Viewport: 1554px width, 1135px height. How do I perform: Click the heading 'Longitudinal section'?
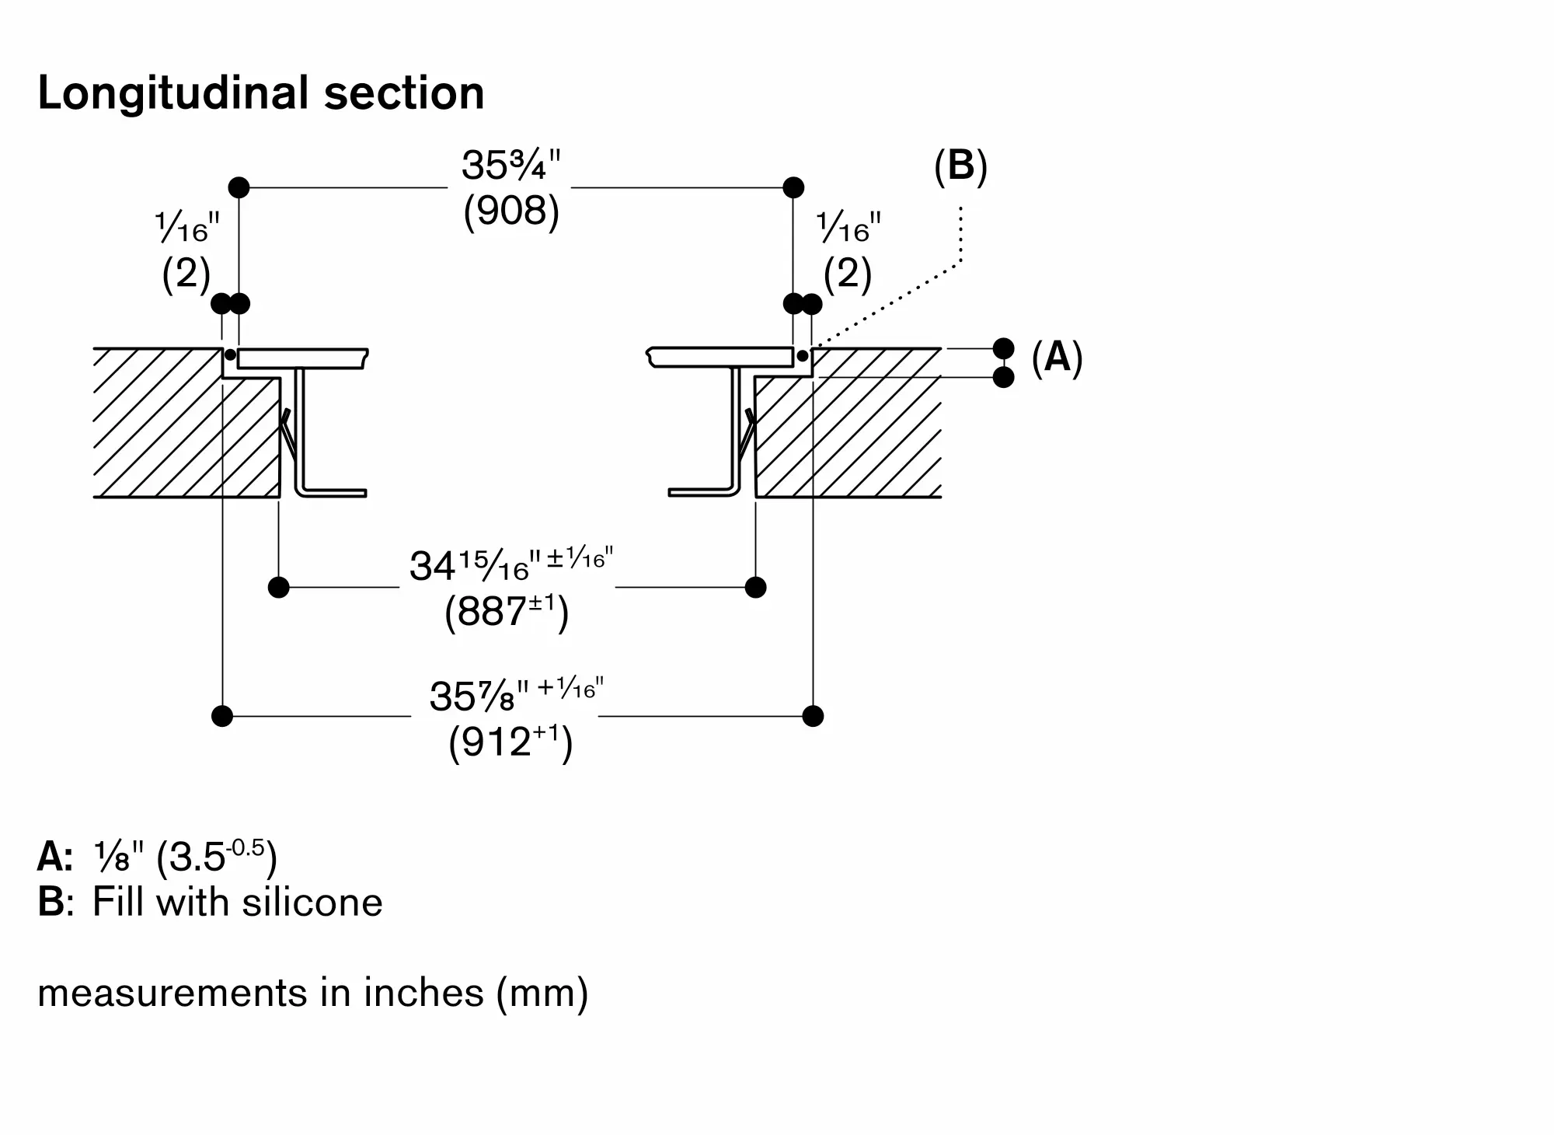coord(261,93)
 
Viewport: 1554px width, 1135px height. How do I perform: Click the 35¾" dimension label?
coord(510,165)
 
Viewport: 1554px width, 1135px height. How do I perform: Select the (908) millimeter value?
coord(510,211)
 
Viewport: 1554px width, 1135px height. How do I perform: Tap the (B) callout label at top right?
coord(960,166)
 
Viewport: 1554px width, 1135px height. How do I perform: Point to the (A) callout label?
coord(1057,358)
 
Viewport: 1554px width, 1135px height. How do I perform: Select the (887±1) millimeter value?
coord(507,613)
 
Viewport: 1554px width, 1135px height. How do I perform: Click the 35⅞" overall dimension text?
coord(516,694)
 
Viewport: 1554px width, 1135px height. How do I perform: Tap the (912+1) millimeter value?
coord(510,742)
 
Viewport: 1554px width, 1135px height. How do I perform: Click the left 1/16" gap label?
coord(187,229)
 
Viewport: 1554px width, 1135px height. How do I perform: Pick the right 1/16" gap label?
coord(848,229)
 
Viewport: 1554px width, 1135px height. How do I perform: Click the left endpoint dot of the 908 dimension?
coord(239,187)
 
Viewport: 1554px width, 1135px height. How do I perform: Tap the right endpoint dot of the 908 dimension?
coord(793,187)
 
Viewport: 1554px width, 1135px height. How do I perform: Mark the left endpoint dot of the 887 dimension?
coord(278,587)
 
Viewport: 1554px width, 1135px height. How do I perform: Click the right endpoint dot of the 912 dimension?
coord(813,716)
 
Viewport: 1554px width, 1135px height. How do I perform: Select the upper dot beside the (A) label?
coord(1004,348)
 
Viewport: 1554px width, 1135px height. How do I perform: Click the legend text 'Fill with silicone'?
coord(237,903)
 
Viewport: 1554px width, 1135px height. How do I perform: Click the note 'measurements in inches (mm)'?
coord(312,993)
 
